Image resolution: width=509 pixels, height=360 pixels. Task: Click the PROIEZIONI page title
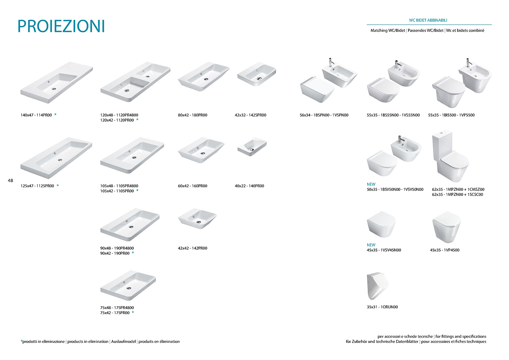point(61,26)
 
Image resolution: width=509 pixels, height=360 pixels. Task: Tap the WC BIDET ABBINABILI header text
point(428,20)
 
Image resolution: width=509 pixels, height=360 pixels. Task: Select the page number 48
point(11,180)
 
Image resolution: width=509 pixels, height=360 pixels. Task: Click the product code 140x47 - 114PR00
point(36,115)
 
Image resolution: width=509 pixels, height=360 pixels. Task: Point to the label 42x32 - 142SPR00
point(251,115)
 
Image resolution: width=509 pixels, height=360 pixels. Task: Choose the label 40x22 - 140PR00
point(249,186)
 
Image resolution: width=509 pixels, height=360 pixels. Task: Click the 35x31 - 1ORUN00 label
point(382,307)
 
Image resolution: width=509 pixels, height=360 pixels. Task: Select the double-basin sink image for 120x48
point(135,81)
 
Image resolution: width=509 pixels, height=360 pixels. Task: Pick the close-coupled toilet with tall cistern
point(450,156)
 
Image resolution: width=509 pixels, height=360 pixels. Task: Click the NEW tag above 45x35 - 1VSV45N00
point(371,245)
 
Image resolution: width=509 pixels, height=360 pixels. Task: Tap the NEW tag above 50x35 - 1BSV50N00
point(371,184)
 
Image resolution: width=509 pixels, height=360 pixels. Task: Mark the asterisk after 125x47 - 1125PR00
point(58,185)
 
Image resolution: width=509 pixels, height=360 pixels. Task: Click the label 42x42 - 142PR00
point(192,248)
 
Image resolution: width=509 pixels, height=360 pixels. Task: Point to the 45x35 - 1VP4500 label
point(444,250)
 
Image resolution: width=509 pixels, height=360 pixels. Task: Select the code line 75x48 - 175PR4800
point(117,308)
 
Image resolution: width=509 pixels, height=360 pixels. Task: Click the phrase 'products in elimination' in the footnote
point(88,341)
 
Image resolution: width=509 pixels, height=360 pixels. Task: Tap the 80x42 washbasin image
point(204,77)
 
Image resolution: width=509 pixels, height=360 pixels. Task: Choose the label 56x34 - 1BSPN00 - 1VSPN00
point(324,115)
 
